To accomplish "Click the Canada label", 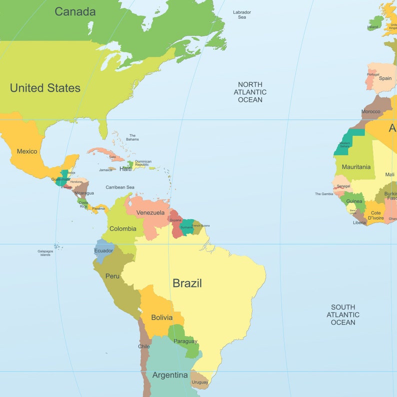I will [75, 11].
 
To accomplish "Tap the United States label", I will [45, 88].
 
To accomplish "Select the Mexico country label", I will [27, 151].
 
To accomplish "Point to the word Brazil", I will [187, 283].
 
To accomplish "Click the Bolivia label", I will [161, 317].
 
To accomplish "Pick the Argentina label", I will [170, 375].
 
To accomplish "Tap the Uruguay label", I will [200, 382].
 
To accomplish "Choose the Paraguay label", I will [185, 341].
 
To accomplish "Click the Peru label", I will [112, 276].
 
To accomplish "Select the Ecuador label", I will [103, 250].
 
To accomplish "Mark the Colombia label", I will [122, 228].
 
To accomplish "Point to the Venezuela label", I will [150, 212].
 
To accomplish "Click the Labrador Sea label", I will [242, 14].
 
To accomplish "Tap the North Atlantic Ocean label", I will [250, 92].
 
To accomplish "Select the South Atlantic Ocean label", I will [343, 314].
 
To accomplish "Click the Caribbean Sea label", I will [120, 187].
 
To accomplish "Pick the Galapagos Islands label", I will [45, 253].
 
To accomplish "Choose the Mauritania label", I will [356, 166].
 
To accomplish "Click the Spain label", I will [385, 78].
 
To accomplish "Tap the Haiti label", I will [125, 169].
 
